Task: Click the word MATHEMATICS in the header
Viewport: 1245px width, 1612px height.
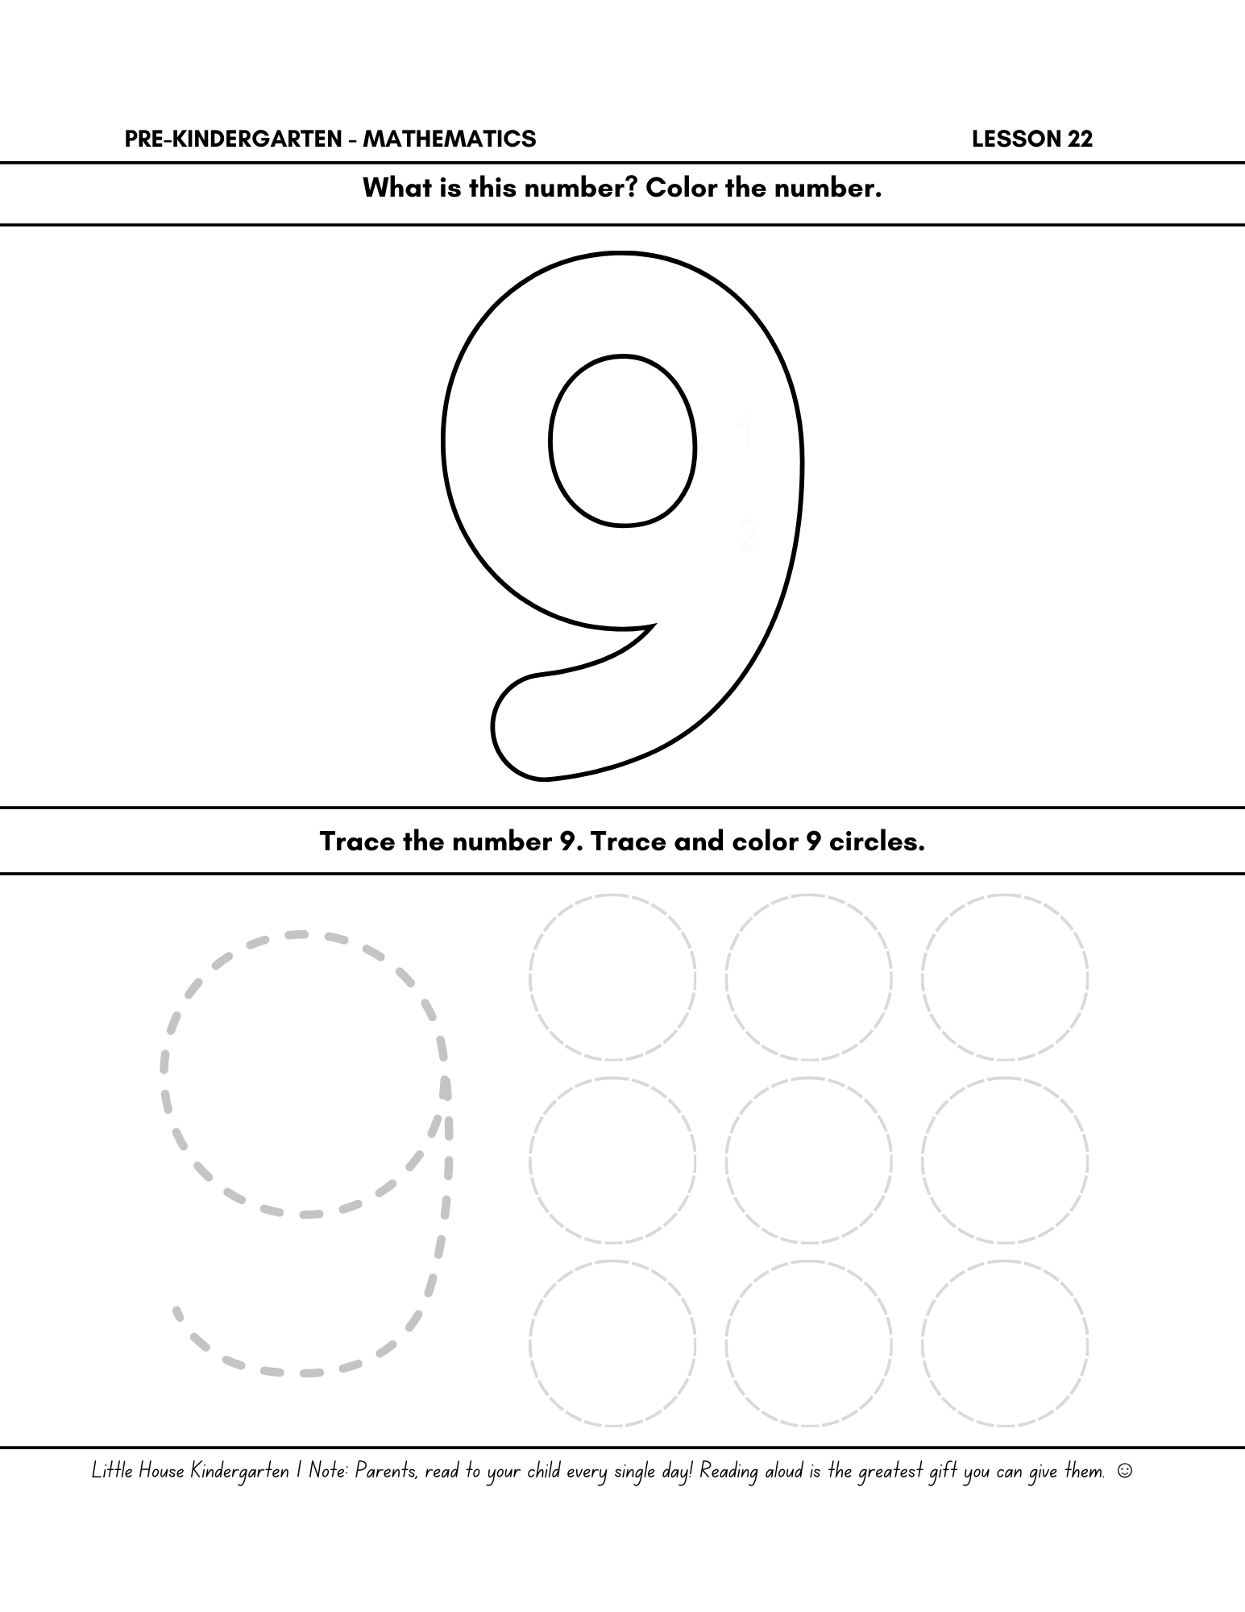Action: [x=449, y=139]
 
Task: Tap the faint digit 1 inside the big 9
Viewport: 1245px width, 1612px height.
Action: [x=746, y=432]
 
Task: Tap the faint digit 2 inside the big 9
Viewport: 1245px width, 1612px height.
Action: [x=749, y=535]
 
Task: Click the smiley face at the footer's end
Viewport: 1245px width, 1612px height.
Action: [x=1125, y=1472]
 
